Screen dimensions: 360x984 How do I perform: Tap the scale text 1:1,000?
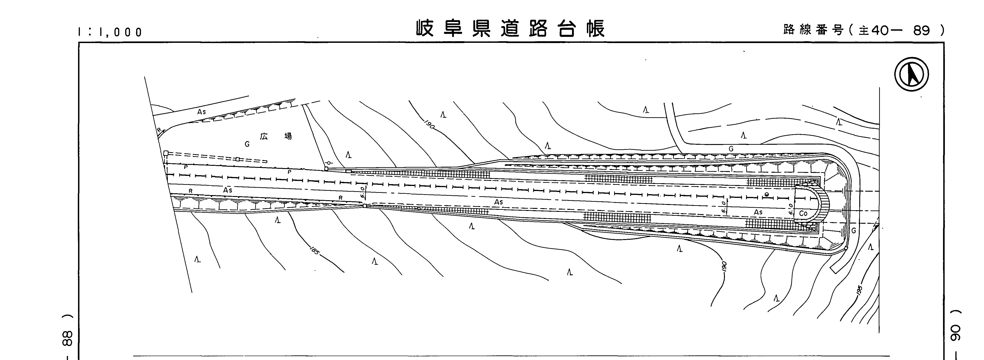click(x=110, y=32)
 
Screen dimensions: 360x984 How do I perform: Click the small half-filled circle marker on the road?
click(x=767, y=194)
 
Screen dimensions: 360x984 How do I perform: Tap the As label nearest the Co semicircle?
click(x=758, y=212)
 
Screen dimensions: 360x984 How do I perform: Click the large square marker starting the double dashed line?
click(x=166, y=153)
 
